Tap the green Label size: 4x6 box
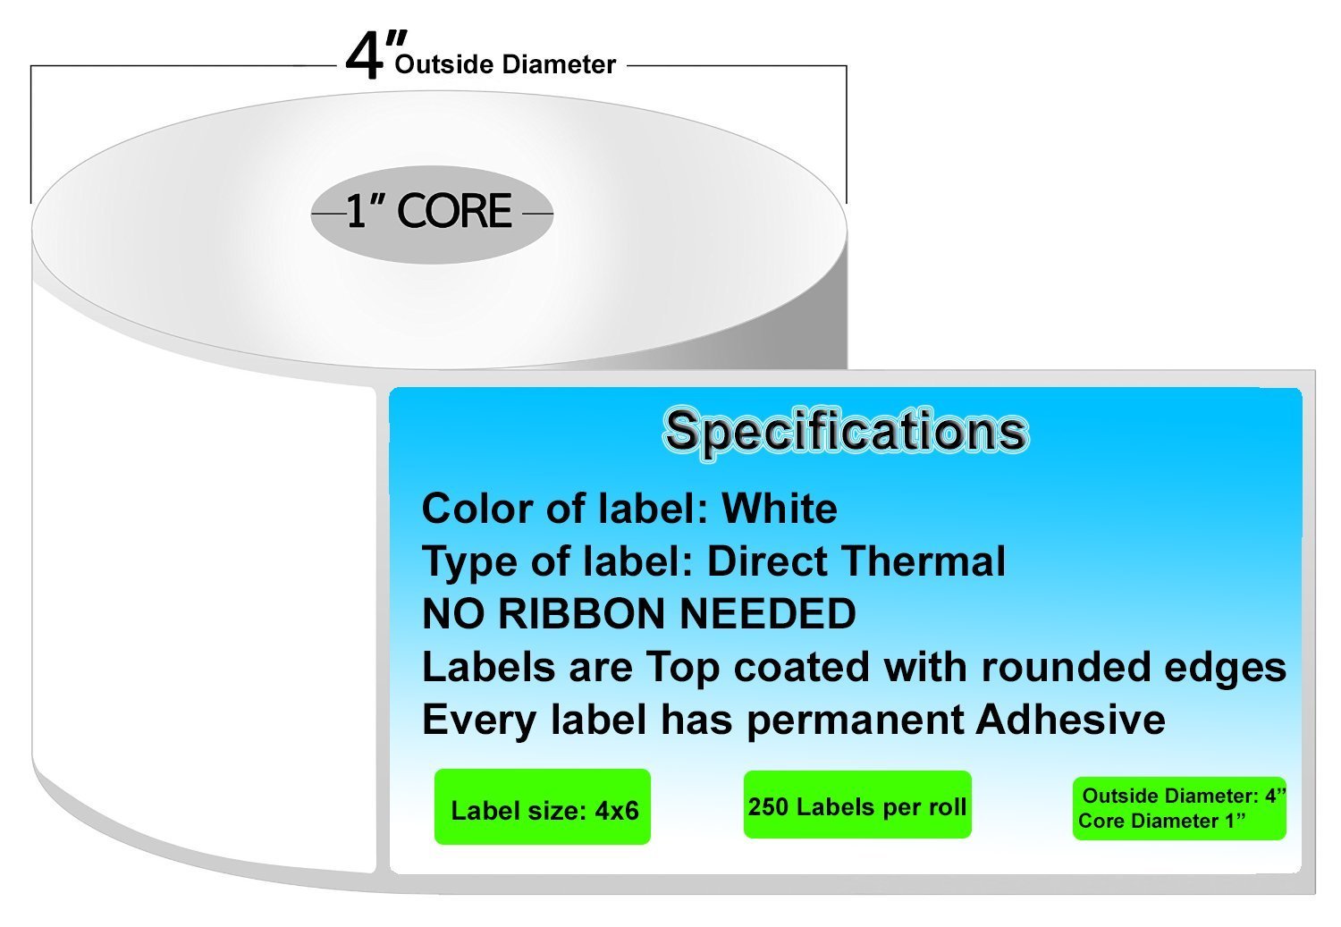[543, 806]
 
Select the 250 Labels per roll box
[857, 805]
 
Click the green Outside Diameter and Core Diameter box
[1179, 808]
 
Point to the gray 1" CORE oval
[432, 215]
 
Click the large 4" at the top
[376, 55]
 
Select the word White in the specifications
[780, 510]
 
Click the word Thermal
[925, 561]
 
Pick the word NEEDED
[769, 614]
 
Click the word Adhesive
[1071, 719]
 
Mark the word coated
[801, 667]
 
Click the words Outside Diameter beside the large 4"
[505, 64]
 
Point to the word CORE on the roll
[454, 211]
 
